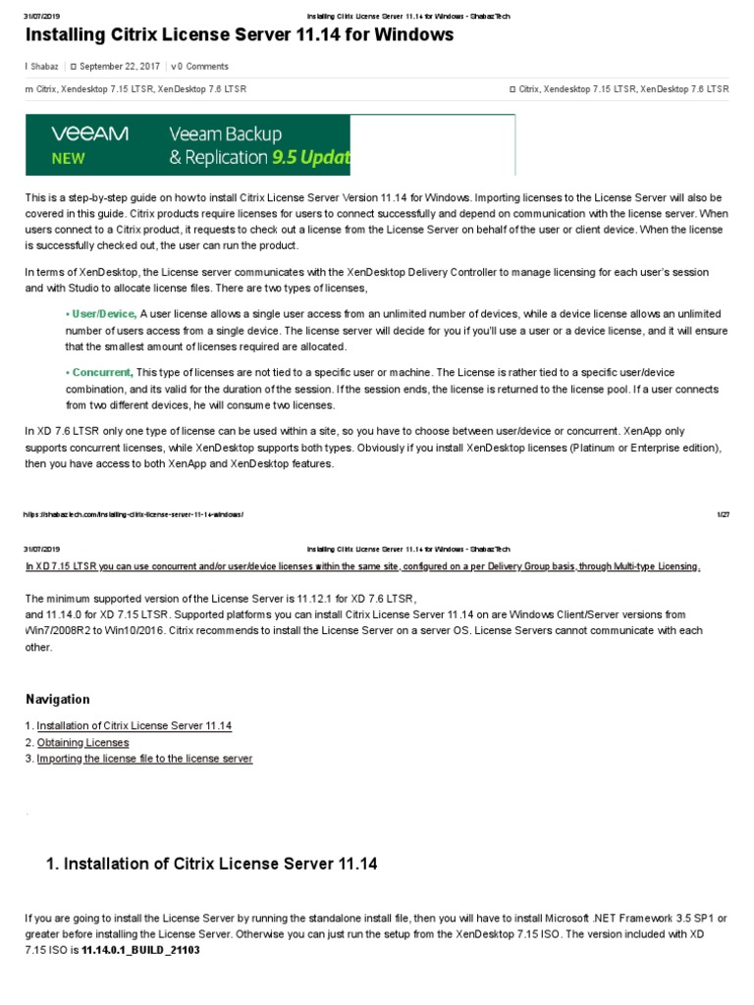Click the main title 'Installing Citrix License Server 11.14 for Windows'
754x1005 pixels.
click(x=240, y=35)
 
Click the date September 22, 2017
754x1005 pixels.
click(x=119, y=67)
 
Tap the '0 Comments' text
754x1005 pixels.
click(x=203, y=67)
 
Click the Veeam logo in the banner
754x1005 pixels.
click(x=89, y=133)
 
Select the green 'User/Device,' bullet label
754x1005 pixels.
click(x=101, y=313)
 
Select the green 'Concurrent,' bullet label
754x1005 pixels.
click(x=99, y=373)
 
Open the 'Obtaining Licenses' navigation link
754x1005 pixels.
click(x=82, y=742)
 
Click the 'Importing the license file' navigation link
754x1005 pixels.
click(x=144, y=759)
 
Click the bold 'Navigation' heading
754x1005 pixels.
click(x=57, y=699)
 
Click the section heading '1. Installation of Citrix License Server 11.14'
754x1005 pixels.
click(x=211, y=864)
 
